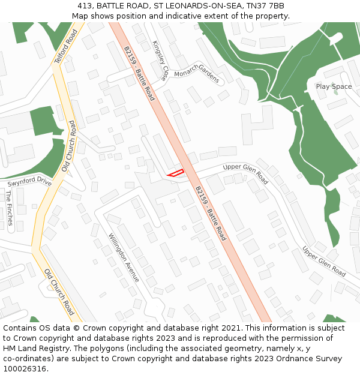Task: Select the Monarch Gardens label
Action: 197,73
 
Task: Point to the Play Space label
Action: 334,86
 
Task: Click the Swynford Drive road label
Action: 29,181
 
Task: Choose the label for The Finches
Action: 8,208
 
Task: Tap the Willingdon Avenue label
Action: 124,258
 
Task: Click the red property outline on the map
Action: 175,173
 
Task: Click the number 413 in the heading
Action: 85,6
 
